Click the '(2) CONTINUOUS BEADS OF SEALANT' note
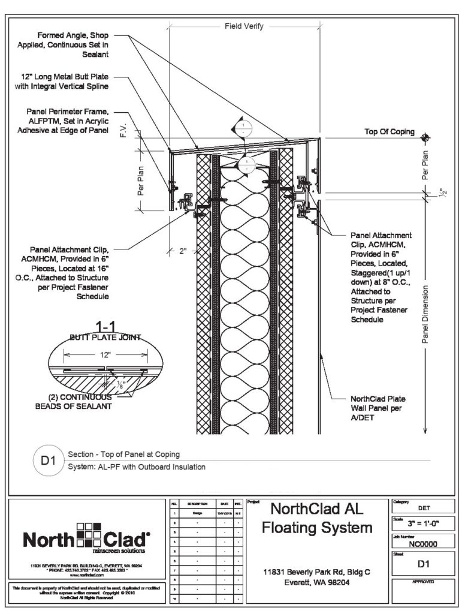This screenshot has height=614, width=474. point(80,401)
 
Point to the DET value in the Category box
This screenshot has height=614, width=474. point(422,507)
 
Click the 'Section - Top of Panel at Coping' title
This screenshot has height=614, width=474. point(125,454)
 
